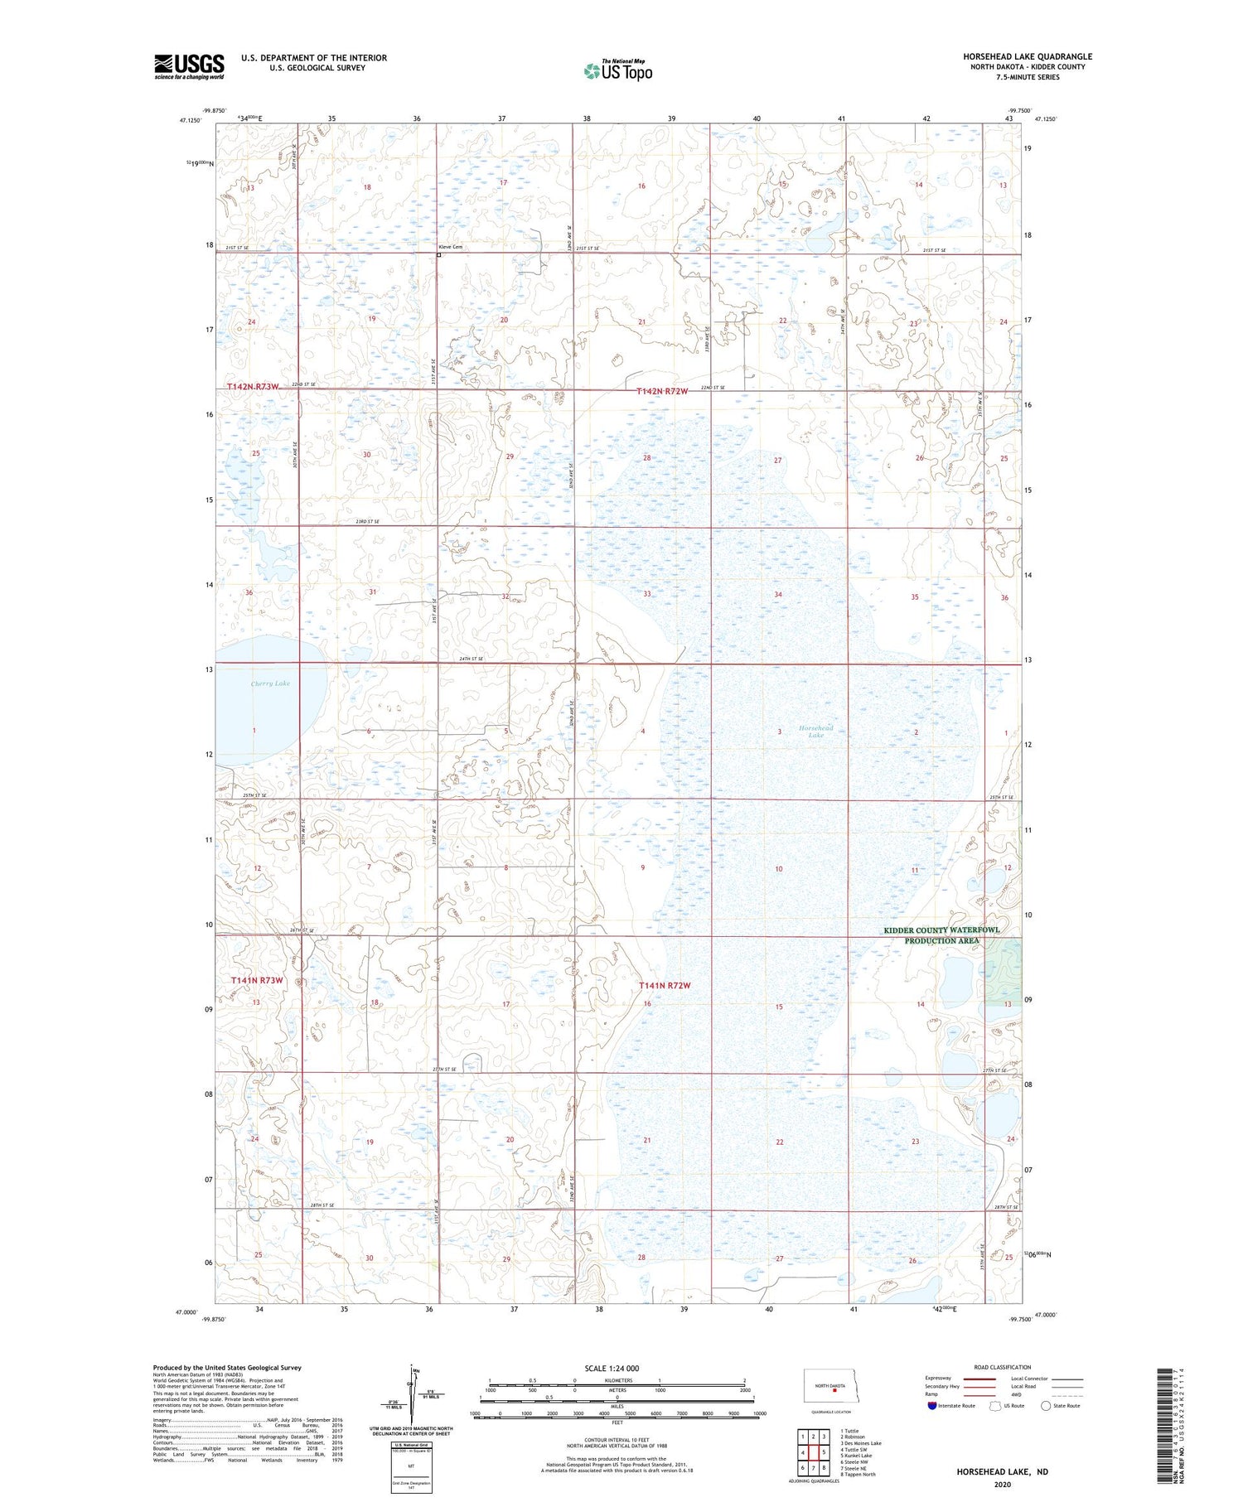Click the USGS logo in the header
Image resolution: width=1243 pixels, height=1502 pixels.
tap(189, 66)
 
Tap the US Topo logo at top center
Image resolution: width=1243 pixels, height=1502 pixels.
tap(617, 70)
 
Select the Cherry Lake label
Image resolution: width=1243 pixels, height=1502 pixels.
tap(270, 683)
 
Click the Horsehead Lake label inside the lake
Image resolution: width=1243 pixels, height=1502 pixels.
tap(816, 732)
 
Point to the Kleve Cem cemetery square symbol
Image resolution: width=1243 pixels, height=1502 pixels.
tap(438, 255)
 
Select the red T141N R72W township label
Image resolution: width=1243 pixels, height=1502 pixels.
tap(665, 985)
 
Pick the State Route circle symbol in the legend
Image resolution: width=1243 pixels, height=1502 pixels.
tap(1046, 1405)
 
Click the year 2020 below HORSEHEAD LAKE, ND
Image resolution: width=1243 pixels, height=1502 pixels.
tap(1002, 1484)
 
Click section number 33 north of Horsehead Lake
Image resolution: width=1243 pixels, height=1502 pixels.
tap(647, 594)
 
